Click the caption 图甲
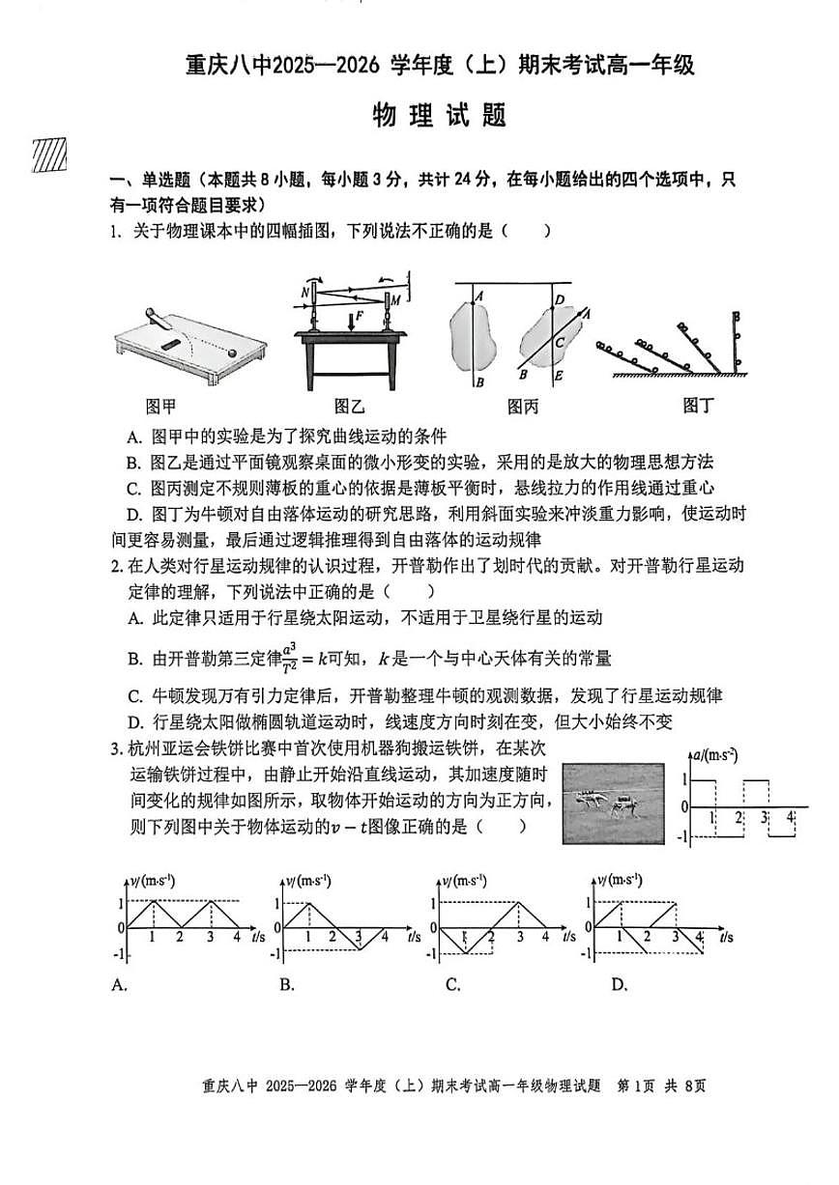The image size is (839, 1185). tap(160, 406)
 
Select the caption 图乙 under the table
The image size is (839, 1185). tap(350, 406)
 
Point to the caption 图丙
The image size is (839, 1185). tap(522, 406)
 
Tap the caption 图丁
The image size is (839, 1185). tap(697, 406)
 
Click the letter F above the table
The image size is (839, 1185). tap(360, 315)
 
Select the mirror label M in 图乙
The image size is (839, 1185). tap(396, 300)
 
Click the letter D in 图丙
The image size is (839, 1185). tap(559, 299)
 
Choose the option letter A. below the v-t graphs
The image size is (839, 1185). tap(121, 985)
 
